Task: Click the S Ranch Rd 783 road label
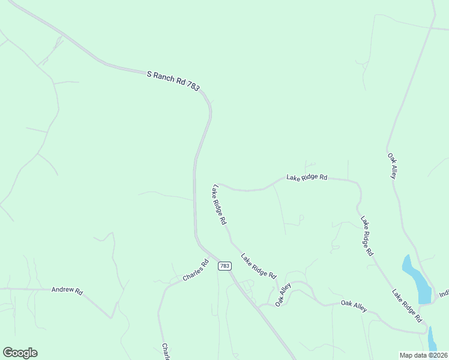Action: (x=173, y=81)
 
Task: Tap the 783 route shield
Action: (x=224, y=266)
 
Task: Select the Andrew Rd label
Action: (x=67, y=290)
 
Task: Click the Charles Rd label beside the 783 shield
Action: (x=196, y=271)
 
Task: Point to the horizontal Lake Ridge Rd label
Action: (x=307, y=178)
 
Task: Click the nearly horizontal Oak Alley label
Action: (x=354, y=306)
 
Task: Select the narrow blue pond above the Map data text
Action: (x=432, y=339)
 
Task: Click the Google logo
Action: (x=20, y=353)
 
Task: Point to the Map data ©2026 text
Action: (x=423, y=355)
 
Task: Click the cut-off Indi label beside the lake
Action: (x=444, y=294)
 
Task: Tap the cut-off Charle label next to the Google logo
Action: (x=165, y=352)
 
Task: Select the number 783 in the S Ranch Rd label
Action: (x=193, y=87)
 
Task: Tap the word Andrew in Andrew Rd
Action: (x=62, y=290)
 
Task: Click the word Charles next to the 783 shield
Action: (x=193, y=272)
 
